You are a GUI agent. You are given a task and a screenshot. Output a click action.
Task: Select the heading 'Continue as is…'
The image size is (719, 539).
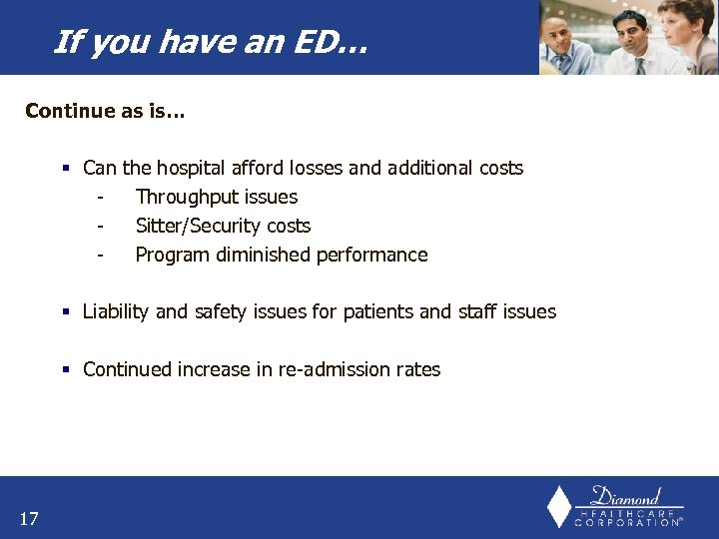[x=105, y=111]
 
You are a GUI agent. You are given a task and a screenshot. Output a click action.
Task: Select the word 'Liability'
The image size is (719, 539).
[x=116, y=311]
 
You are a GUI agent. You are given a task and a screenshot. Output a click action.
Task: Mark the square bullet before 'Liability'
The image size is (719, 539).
[x=66, y=312]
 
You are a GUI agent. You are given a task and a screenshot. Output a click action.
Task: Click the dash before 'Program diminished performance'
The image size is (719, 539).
[x=101, y=256]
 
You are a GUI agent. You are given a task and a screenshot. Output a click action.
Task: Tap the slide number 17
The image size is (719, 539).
[x=29, y=517]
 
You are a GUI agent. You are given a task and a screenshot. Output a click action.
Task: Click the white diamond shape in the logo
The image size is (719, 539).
[x=559, y=506]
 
